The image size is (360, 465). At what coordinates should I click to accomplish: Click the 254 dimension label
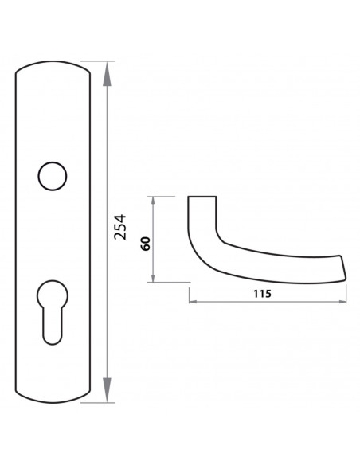(x=120, y=227)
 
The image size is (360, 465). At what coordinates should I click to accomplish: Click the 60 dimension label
(x=146, y=244)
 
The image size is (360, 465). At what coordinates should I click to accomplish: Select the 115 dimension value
(x=262, y=294)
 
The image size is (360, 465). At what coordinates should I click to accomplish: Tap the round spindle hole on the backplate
(x=53, y=176)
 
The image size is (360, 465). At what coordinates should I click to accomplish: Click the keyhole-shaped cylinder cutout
(x=53, y=311)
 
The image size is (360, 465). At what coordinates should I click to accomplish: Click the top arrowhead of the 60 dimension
(x=153, y=201)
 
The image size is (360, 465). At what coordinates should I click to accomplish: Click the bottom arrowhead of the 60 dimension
(x=153, y=278)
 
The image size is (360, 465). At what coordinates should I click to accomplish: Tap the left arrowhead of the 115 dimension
(x=194, y=302)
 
